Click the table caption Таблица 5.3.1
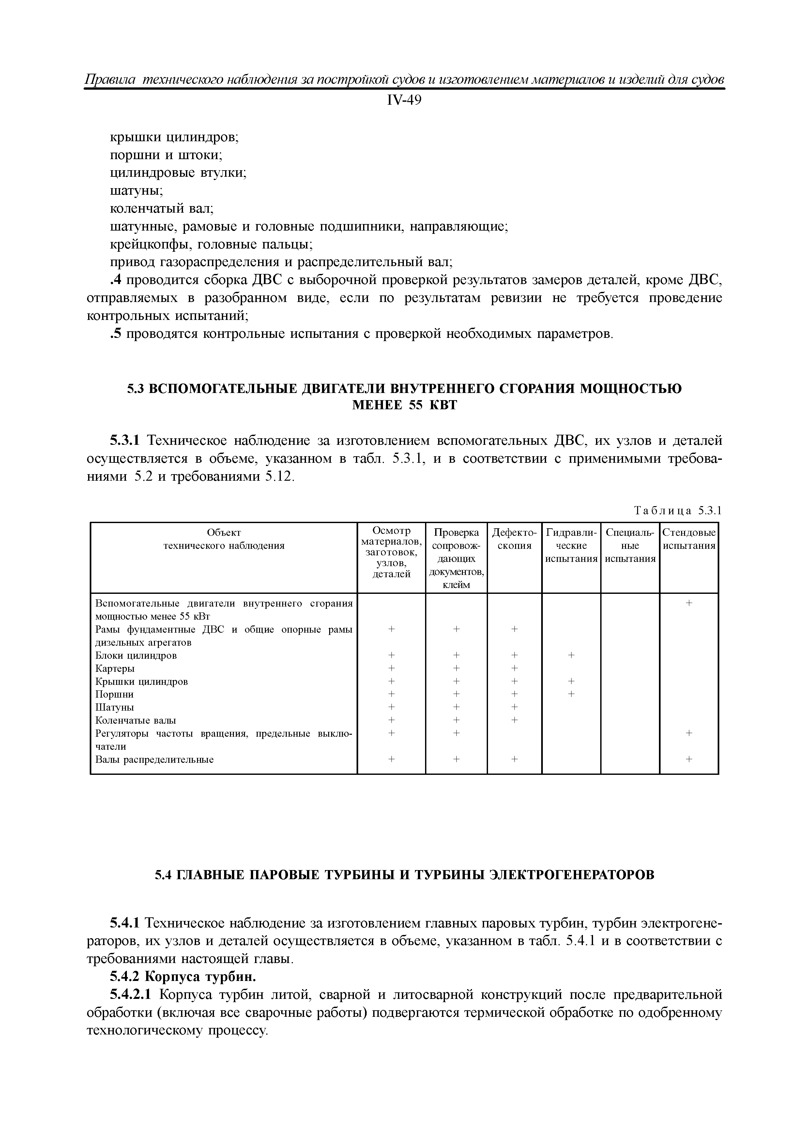pos(678,511)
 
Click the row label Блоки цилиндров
pos(136,655)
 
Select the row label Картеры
pos(114,668)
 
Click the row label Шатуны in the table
pos(114,707)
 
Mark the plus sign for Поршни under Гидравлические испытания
pos(571,694)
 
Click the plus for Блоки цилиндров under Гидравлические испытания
pos(571,655)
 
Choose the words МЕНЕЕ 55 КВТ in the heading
pos(404,405)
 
